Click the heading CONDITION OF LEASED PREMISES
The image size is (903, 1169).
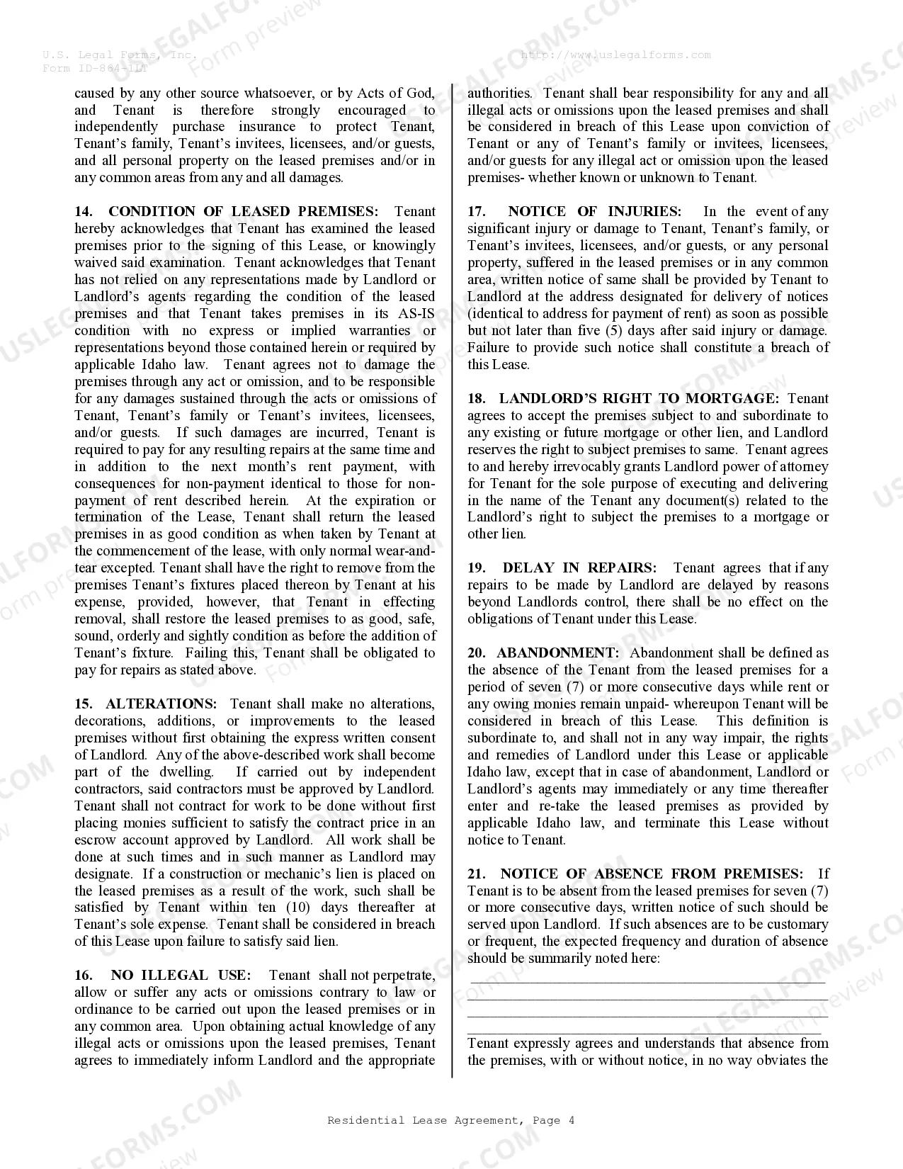click(x=243, y=212)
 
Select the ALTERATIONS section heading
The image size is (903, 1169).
click(x=161, y=704)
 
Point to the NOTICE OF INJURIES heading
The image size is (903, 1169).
click(x=594, y=212)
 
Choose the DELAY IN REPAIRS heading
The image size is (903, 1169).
click(x=579, y=568)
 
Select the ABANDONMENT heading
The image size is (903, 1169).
click(x=557, y=653)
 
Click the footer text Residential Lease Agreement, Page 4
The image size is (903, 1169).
click(x=450, y=1120)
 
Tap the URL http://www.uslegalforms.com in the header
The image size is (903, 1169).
click(x=615, y=55)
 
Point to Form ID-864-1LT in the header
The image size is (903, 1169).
click(x=96, y=68)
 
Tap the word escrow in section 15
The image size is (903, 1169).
click(x=96, y=840)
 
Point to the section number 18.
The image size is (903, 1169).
click(x=476, y=399)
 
